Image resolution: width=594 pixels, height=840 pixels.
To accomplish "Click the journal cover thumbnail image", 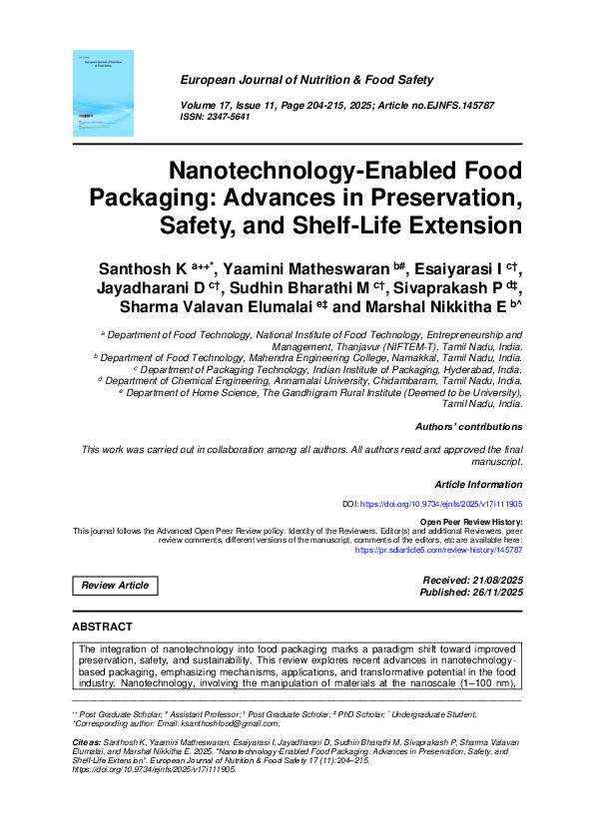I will (x=104, y=94).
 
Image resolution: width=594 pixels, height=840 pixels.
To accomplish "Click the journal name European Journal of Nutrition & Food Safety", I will (x=306, y=79).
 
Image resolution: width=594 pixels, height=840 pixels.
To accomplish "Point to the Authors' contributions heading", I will (x=468, y=427).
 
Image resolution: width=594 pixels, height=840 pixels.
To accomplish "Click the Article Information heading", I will (x=478, y=484).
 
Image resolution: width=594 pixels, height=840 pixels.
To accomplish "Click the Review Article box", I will (x=115, y=586).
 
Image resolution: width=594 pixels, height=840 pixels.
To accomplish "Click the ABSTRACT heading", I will (x=102, y=627).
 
